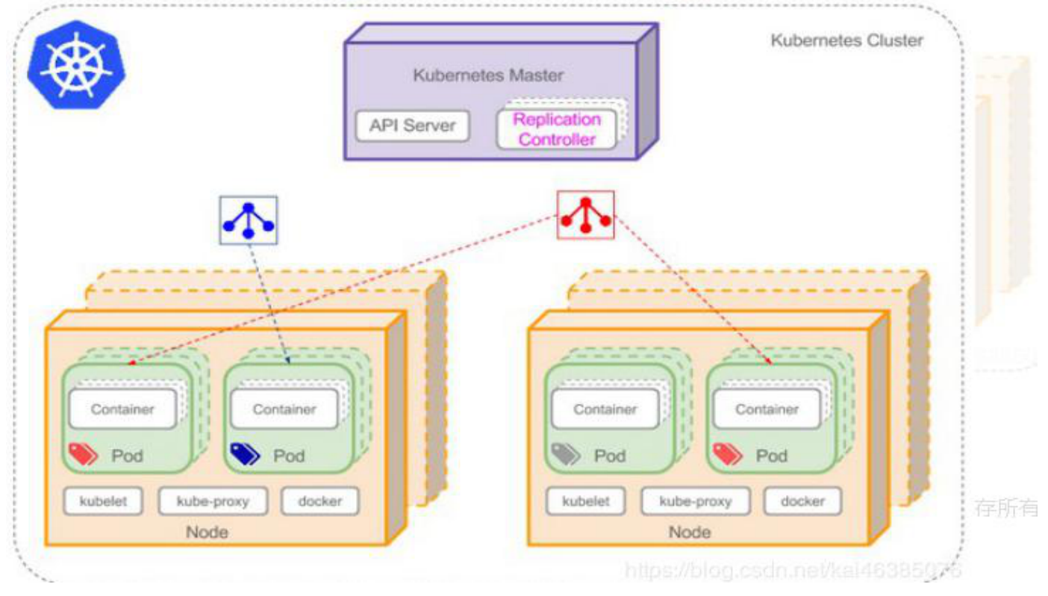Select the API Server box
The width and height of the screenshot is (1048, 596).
(412, 125)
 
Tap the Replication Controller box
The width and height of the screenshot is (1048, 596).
(557, 129)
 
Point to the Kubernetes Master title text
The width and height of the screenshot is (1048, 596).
(488, 75)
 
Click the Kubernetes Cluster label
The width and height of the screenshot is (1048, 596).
(846, 40)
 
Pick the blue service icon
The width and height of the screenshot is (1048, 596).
(249, 220)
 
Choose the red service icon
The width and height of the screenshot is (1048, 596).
(586, 215)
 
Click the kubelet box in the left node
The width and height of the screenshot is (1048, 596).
(104, 501)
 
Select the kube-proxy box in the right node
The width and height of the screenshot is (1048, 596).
(695, 502)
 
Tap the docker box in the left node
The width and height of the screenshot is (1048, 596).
(319, 501)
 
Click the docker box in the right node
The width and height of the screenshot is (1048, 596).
(802, 502)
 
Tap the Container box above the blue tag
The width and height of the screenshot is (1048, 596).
(284, 409)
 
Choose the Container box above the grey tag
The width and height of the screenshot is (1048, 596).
(605, 409)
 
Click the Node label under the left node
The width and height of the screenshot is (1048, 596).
(208, 533)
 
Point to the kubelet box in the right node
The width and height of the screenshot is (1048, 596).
(586, 502)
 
